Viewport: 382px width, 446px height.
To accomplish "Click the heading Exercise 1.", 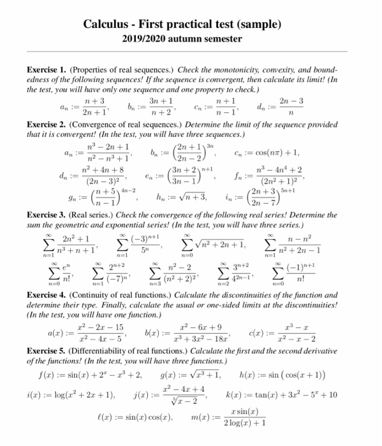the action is (47, 69).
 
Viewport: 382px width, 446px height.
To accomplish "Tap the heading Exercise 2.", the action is (47, 126).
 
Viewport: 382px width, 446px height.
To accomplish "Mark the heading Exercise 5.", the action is (47, 351).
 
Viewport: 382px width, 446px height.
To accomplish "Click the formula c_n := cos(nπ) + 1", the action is (268, 153).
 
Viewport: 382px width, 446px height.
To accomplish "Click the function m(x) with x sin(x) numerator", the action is (243, 423).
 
